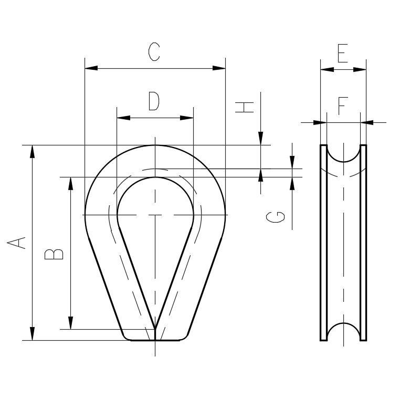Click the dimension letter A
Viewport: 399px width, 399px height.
pos(16,243)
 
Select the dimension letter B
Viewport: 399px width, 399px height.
pos(54,254)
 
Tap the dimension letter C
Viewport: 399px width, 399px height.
pos(154,52)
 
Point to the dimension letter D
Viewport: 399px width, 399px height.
pos(154,101)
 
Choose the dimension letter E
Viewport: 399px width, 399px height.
pos(342,53)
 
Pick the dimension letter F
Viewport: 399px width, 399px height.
pos(343,106)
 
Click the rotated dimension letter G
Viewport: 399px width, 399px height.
pos(276,217)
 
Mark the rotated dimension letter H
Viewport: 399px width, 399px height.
pos(244,107)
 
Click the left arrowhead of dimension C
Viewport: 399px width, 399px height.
pos(91,68)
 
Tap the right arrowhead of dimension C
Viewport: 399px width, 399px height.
pos(219,68)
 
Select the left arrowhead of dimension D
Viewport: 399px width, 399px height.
pos(123,118)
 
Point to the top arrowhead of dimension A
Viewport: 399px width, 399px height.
pos(32,152)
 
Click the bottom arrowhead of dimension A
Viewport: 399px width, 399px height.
pos(32,333)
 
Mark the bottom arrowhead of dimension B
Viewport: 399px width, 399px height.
pos(71,323)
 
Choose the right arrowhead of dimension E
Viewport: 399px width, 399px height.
pos(360,69)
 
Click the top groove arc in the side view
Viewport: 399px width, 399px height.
pos(343,154)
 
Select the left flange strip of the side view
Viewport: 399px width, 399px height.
pos(324,243)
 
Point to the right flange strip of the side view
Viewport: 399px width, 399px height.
pos(363,243)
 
